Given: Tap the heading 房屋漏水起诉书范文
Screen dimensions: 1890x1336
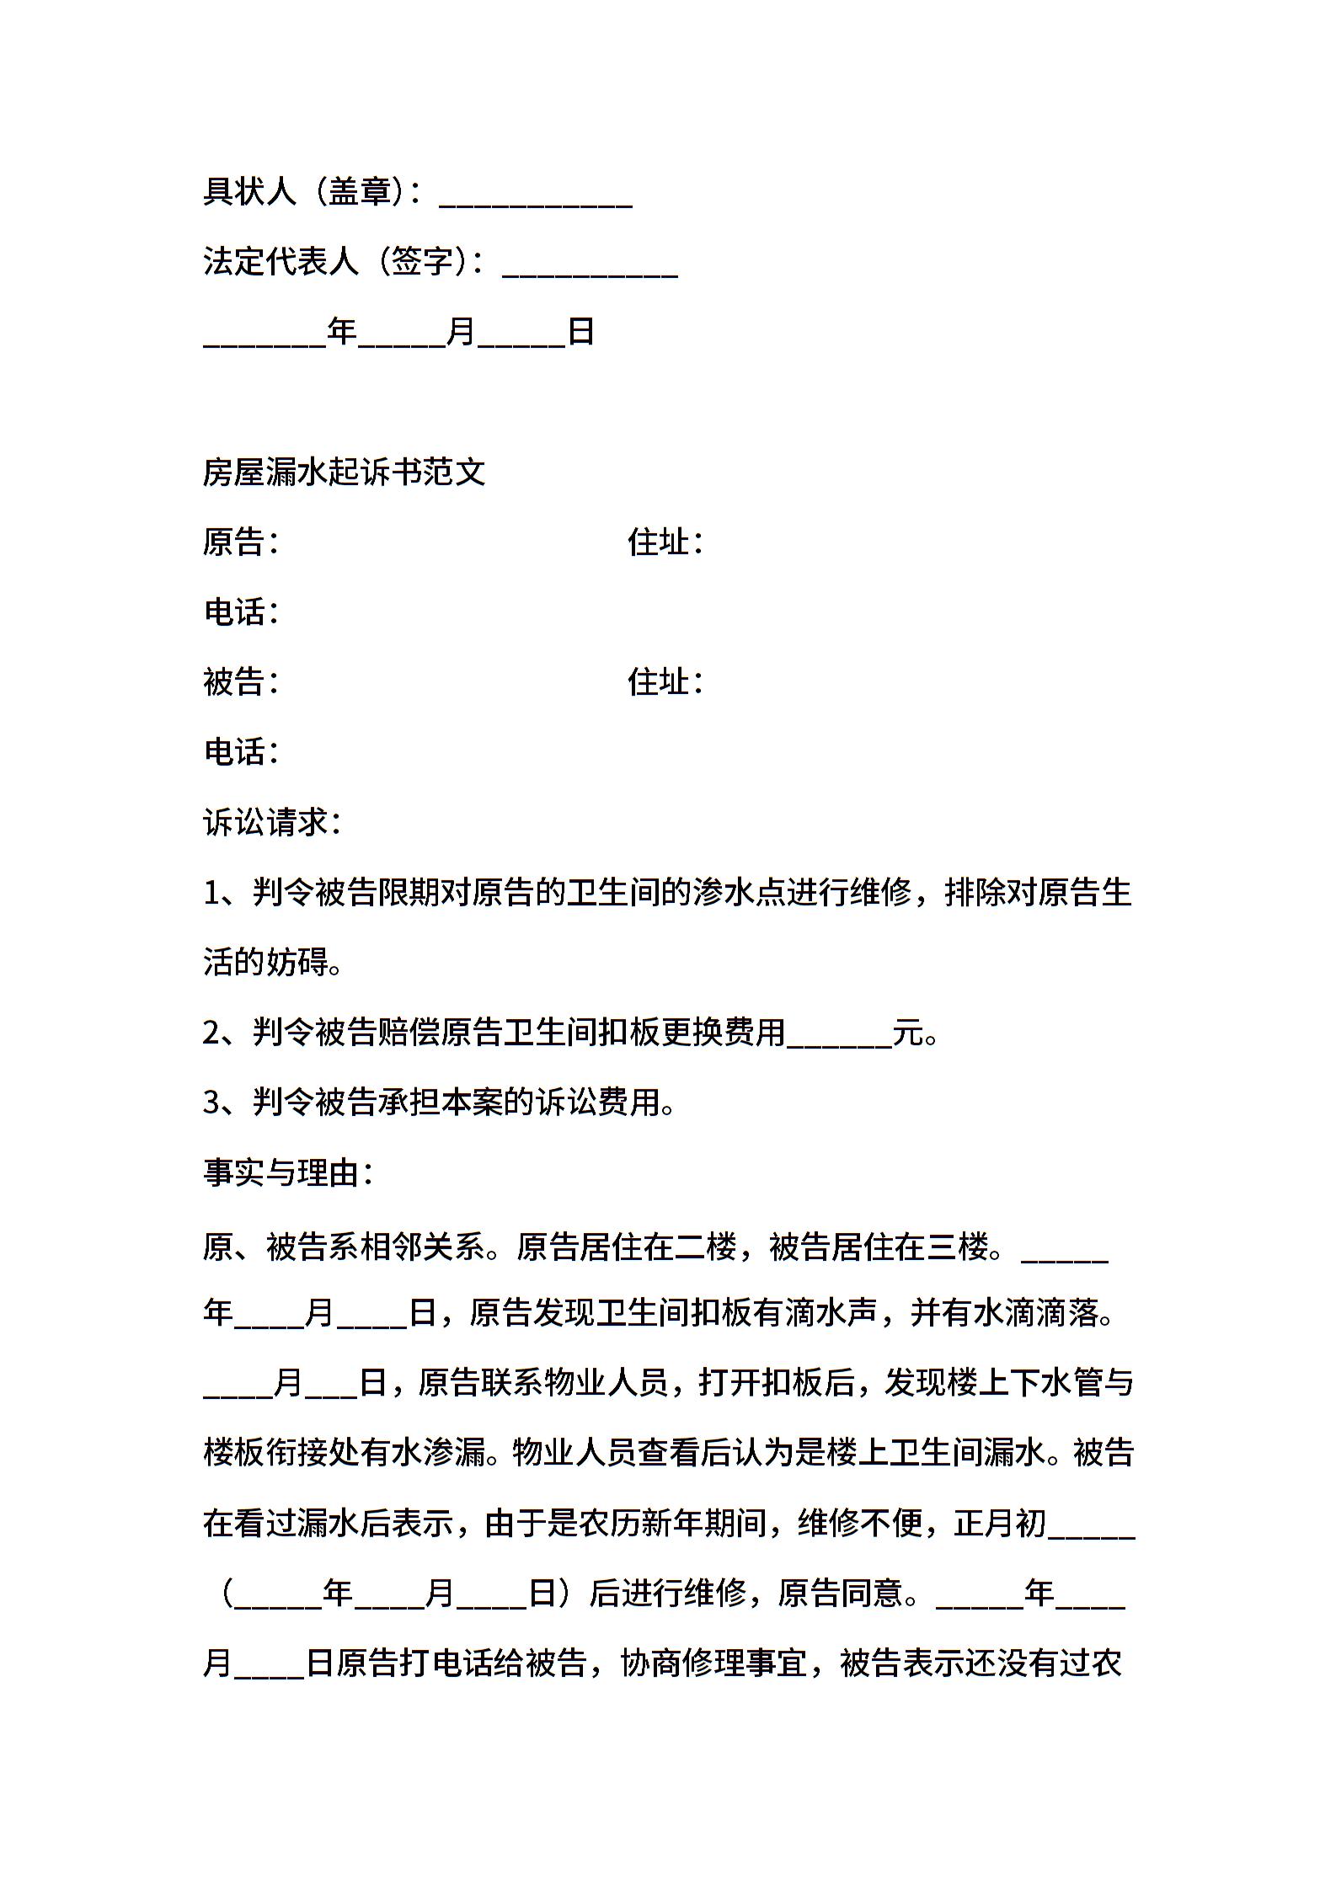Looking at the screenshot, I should click(x=344, y=472).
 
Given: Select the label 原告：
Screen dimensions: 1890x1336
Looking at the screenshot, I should click(x=241, y=542).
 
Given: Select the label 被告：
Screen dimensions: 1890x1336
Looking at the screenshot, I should click(x=241, y=681).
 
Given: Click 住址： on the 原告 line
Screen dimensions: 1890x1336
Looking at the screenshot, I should click(x=665, y=542).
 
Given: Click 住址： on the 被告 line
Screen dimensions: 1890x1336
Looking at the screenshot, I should click(x=665, y=681).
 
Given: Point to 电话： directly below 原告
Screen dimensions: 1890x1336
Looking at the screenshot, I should click(x=241, y=611).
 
